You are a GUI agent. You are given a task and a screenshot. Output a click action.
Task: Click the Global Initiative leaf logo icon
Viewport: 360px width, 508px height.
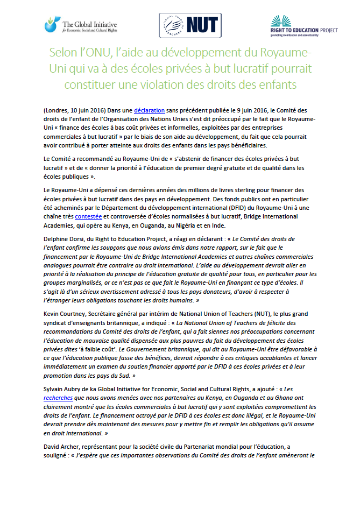tap(52, 24)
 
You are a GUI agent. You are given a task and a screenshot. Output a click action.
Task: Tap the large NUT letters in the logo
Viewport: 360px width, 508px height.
tap(202, 24)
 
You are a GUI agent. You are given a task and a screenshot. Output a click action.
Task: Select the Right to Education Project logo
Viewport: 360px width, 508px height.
tap(303, 25)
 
